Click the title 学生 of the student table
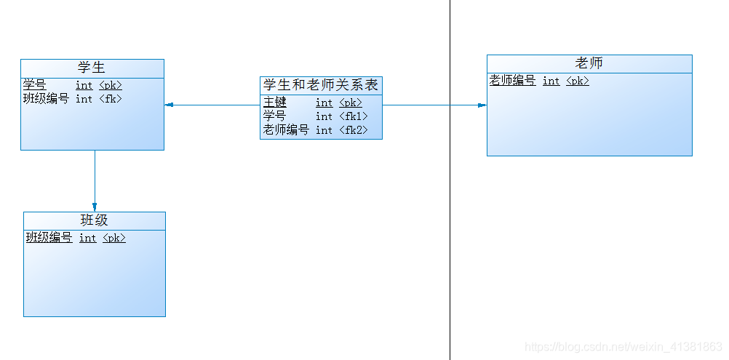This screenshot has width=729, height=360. [92, 68]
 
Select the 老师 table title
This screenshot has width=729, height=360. [589, 63]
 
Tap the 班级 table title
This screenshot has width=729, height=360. [95, 220]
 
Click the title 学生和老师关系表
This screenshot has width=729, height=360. [321, 85]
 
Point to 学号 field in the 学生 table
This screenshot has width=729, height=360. [34, 85]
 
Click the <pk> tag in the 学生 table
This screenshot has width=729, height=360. [111, 85]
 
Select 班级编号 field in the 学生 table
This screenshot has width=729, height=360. [46, 98]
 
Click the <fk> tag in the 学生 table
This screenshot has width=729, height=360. [111, 99]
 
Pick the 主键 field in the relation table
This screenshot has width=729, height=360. [275, 103]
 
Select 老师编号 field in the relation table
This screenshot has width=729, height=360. [286, 130]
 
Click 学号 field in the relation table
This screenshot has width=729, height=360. [275, 116]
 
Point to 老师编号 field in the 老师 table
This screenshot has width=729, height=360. [513, 81]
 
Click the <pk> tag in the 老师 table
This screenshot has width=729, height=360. [578, 81]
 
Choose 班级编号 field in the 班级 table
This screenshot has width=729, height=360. [49, 238]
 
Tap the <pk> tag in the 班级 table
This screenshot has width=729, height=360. [114, 238]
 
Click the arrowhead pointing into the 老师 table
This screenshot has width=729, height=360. [482, 105]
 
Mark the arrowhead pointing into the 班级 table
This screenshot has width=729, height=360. [95, 207]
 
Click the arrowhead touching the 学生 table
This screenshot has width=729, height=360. [170, 105]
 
